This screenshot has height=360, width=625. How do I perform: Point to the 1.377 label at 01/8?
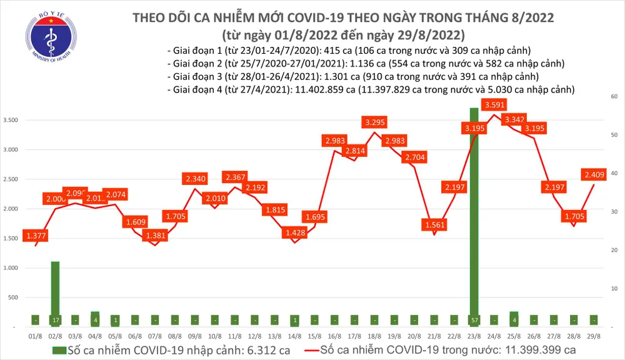(x=36, y=236)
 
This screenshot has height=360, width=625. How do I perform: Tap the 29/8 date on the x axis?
(x=594, y=336)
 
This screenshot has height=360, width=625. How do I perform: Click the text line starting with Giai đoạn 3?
(x=354, y=77)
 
